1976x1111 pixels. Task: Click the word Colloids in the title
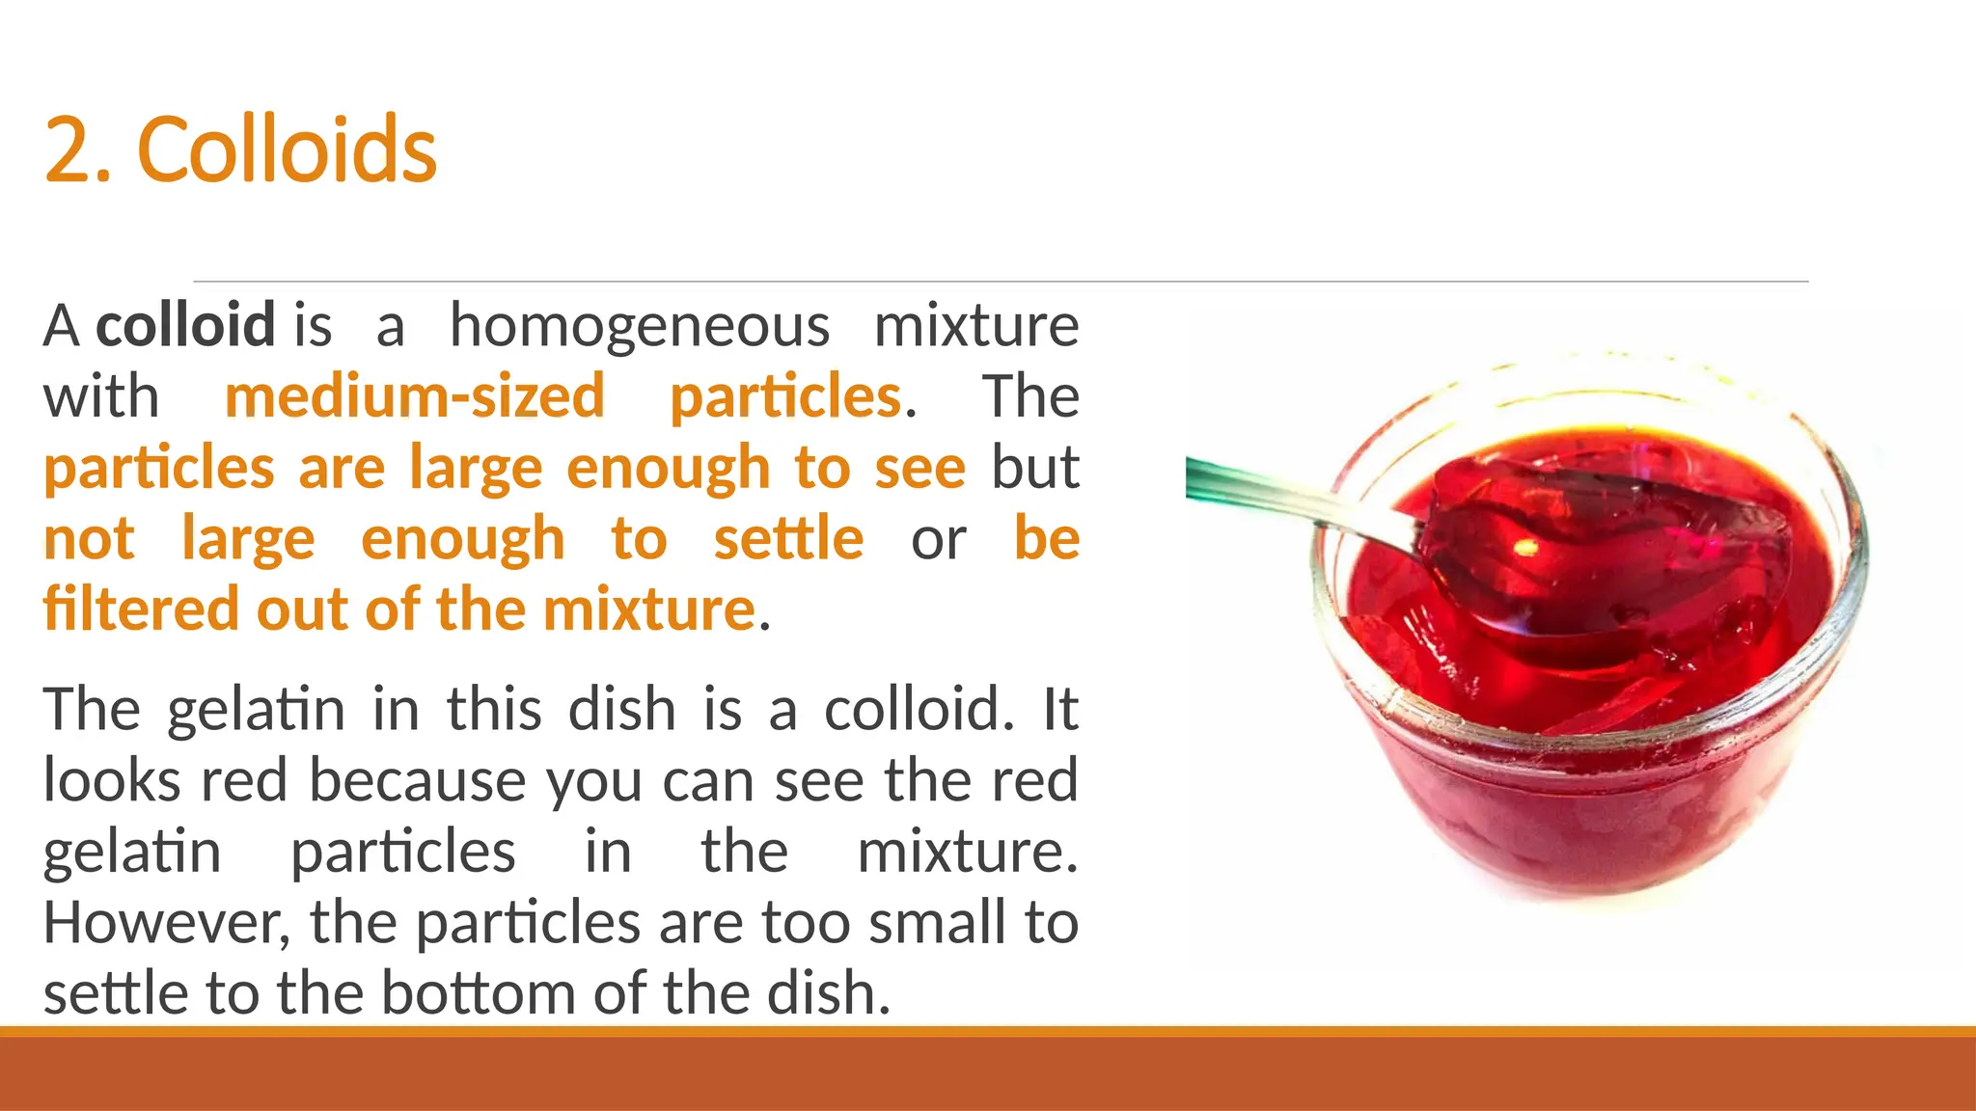tap(288, 149)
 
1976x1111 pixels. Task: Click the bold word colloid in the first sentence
tap(185, 325)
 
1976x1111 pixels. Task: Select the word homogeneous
tap(640, 327)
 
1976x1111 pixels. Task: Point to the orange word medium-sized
tap(414, 396)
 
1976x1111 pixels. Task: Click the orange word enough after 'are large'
tap(668, 469)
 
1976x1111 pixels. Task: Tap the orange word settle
tap(788, 538)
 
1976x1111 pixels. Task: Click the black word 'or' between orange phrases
tap(938, 540)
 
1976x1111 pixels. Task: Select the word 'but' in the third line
tap(1035, 468)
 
